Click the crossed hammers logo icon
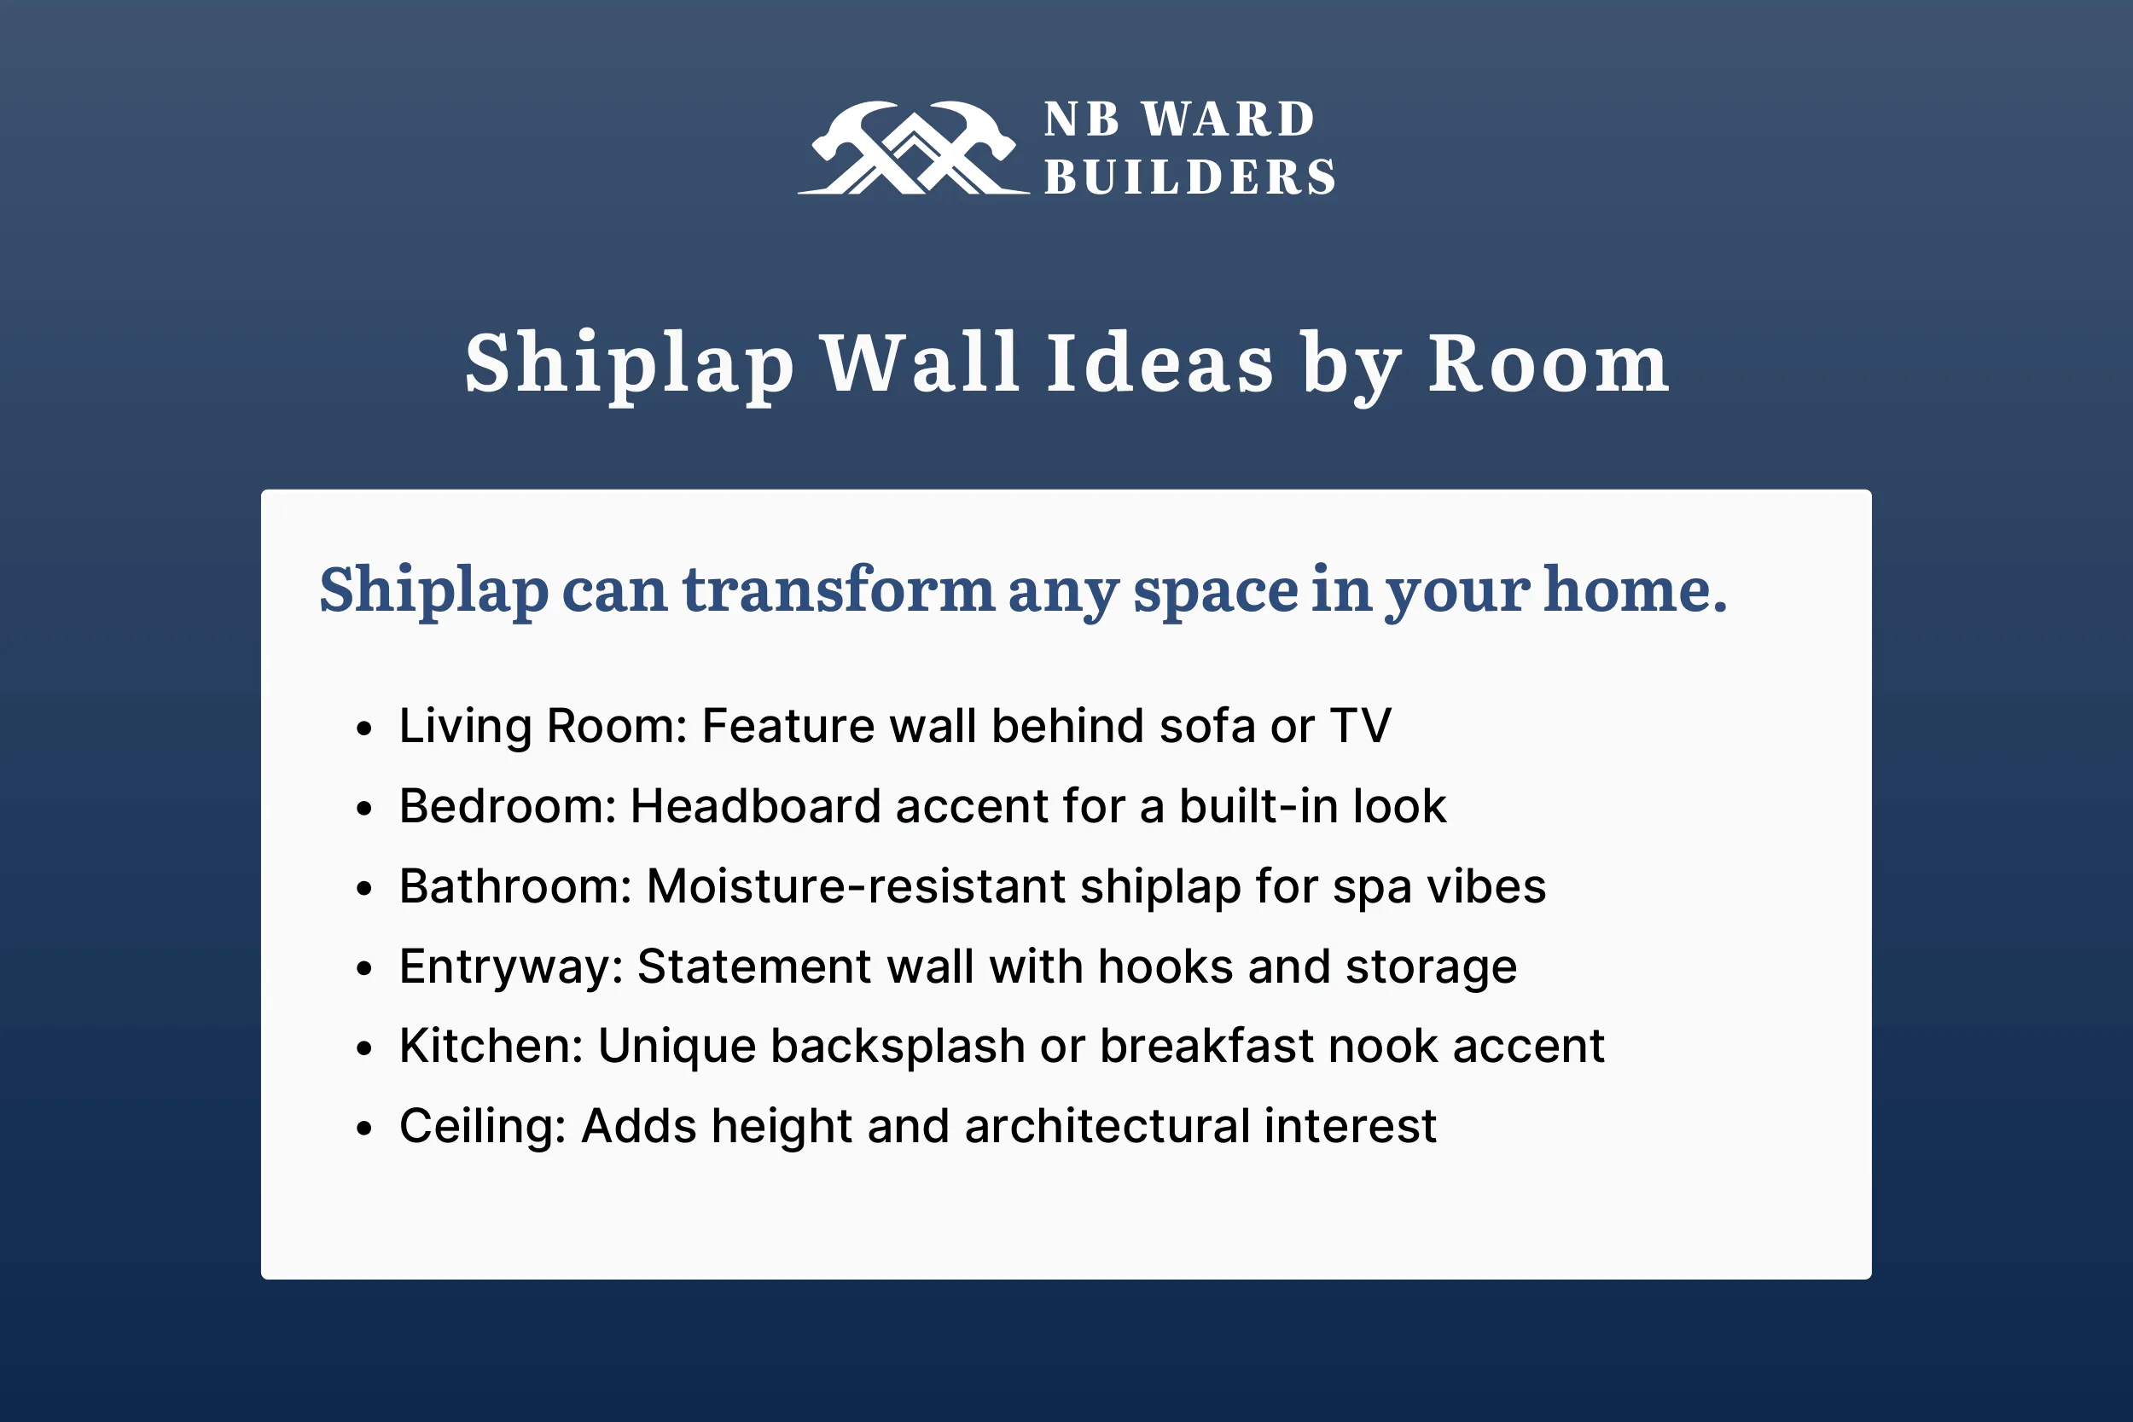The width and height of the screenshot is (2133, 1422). coord(913,148)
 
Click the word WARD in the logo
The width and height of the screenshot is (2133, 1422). coord(1228,119)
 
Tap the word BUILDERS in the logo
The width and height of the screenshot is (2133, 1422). coord(1190,177)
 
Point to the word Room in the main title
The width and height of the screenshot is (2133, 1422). coord(1548,363)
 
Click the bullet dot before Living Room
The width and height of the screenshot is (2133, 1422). coord(364,728)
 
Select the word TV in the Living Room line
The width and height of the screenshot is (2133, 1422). coord(1360,727)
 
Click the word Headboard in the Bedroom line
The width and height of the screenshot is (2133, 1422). coord(755,806)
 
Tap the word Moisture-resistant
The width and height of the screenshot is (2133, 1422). coord(855,886)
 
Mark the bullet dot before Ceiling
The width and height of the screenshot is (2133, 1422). coord(364,1129)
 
